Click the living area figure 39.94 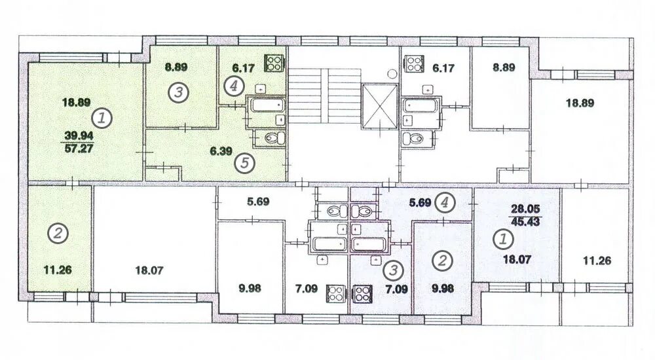tap(79, 135)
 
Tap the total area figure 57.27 tap(79, 149)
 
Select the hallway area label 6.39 tap(221, 151)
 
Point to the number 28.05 tap(525, 209)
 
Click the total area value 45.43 tap(525, 221)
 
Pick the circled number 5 tap(245, 162)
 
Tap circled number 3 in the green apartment tap(178, 92)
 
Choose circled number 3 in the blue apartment tap(393, 270)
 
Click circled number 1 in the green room tap(102, 118)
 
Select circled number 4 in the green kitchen tap(234, 86)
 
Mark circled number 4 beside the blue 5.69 tap(445, 202)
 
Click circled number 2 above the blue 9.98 tap(442, 261)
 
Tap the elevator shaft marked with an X tap(380, 105)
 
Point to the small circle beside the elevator tap(392, 74)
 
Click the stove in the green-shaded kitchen tap(274, 63)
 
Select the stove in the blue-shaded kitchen tap(363, 294)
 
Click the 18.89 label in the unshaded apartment tap(580, 103)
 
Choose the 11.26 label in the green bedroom tap(58, 270)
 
